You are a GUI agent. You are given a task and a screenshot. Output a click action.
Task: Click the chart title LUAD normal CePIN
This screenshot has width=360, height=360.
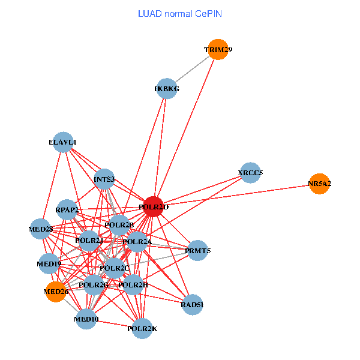[179, 13]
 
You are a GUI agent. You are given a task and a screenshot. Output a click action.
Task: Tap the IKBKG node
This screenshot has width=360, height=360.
[166, 89]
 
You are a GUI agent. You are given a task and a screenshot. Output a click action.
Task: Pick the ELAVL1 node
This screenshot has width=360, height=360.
[63, 142]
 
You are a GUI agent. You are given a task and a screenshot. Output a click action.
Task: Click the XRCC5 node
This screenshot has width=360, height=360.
[250, 173]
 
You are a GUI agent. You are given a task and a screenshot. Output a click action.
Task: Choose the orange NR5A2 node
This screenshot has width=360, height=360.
[319, 184]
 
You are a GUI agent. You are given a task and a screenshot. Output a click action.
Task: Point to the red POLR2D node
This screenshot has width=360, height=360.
[154, 206]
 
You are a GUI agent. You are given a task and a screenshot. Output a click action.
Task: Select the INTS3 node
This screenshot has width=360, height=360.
[104, 178]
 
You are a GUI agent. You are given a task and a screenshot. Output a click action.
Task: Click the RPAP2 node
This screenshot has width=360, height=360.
[67, 209]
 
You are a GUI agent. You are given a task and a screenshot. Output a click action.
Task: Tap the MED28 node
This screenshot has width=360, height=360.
[41, 229]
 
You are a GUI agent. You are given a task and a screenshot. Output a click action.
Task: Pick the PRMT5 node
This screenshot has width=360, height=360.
[197, 250]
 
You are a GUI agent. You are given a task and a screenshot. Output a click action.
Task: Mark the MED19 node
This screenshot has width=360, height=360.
[49, 263]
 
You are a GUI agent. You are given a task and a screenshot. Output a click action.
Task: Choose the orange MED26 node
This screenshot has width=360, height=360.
[55, 292]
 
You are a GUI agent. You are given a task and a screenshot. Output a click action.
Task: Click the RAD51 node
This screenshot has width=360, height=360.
[192, 304]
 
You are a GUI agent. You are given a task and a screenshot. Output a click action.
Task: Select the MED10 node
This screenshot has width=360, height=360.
[86, 319]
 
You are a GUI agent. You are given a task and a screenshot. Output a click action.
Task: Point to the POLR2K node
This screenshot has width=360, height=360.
[142, 328]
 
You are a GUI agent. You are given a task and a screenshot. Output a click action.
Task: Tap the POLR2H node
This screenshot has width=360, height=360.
[133, 284]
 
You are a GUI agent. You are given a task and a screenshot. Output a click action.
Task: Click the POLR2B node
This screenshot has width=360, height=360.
[119, 224]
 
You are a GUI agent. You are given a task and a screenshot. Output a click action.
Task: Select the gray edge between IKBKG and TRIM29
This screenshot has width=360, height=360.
[192, 69]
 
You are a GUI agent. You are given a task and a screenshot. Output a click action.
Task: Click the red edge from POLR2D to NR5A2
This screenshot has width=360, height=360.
[240, 194]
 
